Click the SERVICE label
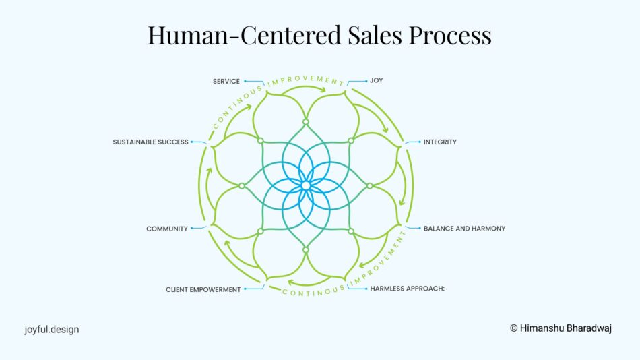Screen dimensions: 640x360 (226, 82)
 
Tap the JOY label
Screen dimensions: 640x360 (377, 80)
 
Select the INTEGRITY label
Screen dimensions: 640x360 (440, 142)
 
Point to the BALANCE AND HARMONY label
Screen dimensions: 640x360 (464, 229)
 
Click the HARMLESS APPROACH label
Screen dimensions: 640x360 (408, 289)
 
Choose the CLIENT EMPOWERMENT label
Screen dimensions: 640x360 (203, 290)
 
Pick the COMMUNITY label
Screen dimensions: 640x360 (167, 229)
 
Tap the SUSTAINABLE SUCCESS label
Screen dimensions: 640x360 (151, 142)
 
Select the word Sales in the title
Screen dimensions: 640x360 (375, 35)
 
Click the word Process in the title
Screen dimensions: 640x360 (450, 35)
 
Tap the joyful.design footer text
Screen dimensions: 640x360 (52, 330)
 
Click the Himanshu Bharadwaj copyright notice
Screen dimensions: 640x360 (561, 328)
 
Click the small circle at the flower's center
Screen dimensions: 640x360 (306, 186)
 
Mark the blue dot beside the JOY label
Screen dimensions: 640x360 (366, 81)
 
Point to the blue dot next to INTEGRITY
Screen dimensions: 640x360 (420, 142)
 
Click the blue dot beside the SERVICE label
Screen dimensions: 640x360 (245, 82)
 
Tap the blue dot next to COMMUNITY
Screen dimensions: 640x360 (192, 228)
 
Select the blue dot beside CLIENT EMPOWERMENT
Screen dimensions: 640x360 (245, 289)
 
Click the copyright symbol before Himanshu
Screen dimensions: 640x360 (514, 328)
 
